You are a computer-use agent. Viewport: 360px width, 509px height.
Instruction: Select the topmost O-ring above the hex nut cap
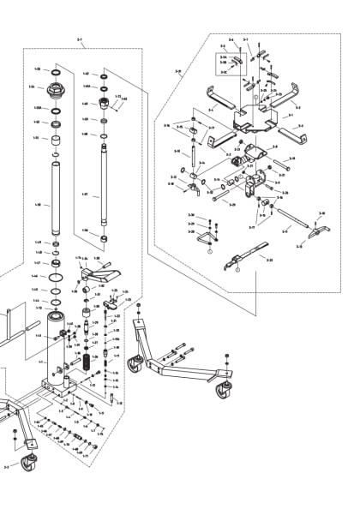(x=57, y=69)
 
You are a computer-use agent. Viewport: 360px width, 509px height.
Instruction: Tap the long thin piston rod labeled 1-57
(x=103, y=189)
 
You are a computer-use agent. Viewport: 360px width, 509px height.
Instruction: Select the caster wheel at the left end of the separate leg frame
(x=135, y=364)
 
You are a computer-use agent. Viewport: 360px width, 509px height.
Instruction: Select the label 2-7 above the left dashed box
(x=80, y=39)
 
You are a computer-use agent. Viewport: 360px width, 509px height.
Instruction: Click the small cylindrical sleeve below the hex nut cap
(x=57, y=138)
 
